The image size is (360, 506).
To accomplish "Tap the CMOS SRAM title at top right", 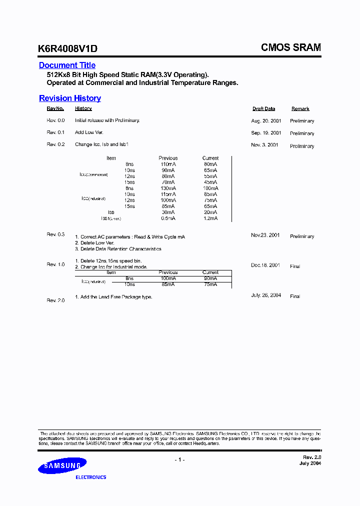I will [290, 47].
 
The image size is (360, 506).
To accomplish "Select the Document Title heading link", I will [67, 65].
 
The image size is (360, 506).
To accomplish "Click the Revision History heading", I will [70, 98].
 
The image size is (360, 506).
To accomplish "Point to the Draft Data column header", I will [263, 108].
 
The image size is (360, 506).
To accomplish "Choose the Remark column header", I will [300, 108].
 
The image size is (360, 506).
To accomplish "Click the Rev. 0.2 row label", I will [56, 144].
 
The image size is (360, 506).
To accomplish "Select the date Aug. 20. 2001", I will [266, 120].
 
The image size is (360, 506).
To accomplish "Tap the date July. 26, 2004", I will [266, 295].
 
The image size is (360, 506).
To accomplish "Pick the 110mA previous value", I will [168, 164].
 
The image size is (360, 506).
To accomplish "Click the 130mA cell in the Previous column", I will [168, 188].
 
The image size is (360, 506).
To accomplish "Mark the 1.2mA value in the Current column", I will [210, 218].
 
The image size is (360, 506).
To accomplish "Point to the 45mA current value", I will [210, 182].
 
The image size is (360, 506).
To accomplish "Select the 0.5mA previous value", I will [168, 218].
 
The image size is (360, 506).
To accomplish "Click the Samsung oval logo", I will [62, 466].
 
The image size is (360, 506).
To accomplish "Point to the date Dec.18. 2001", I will [265, 265].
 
